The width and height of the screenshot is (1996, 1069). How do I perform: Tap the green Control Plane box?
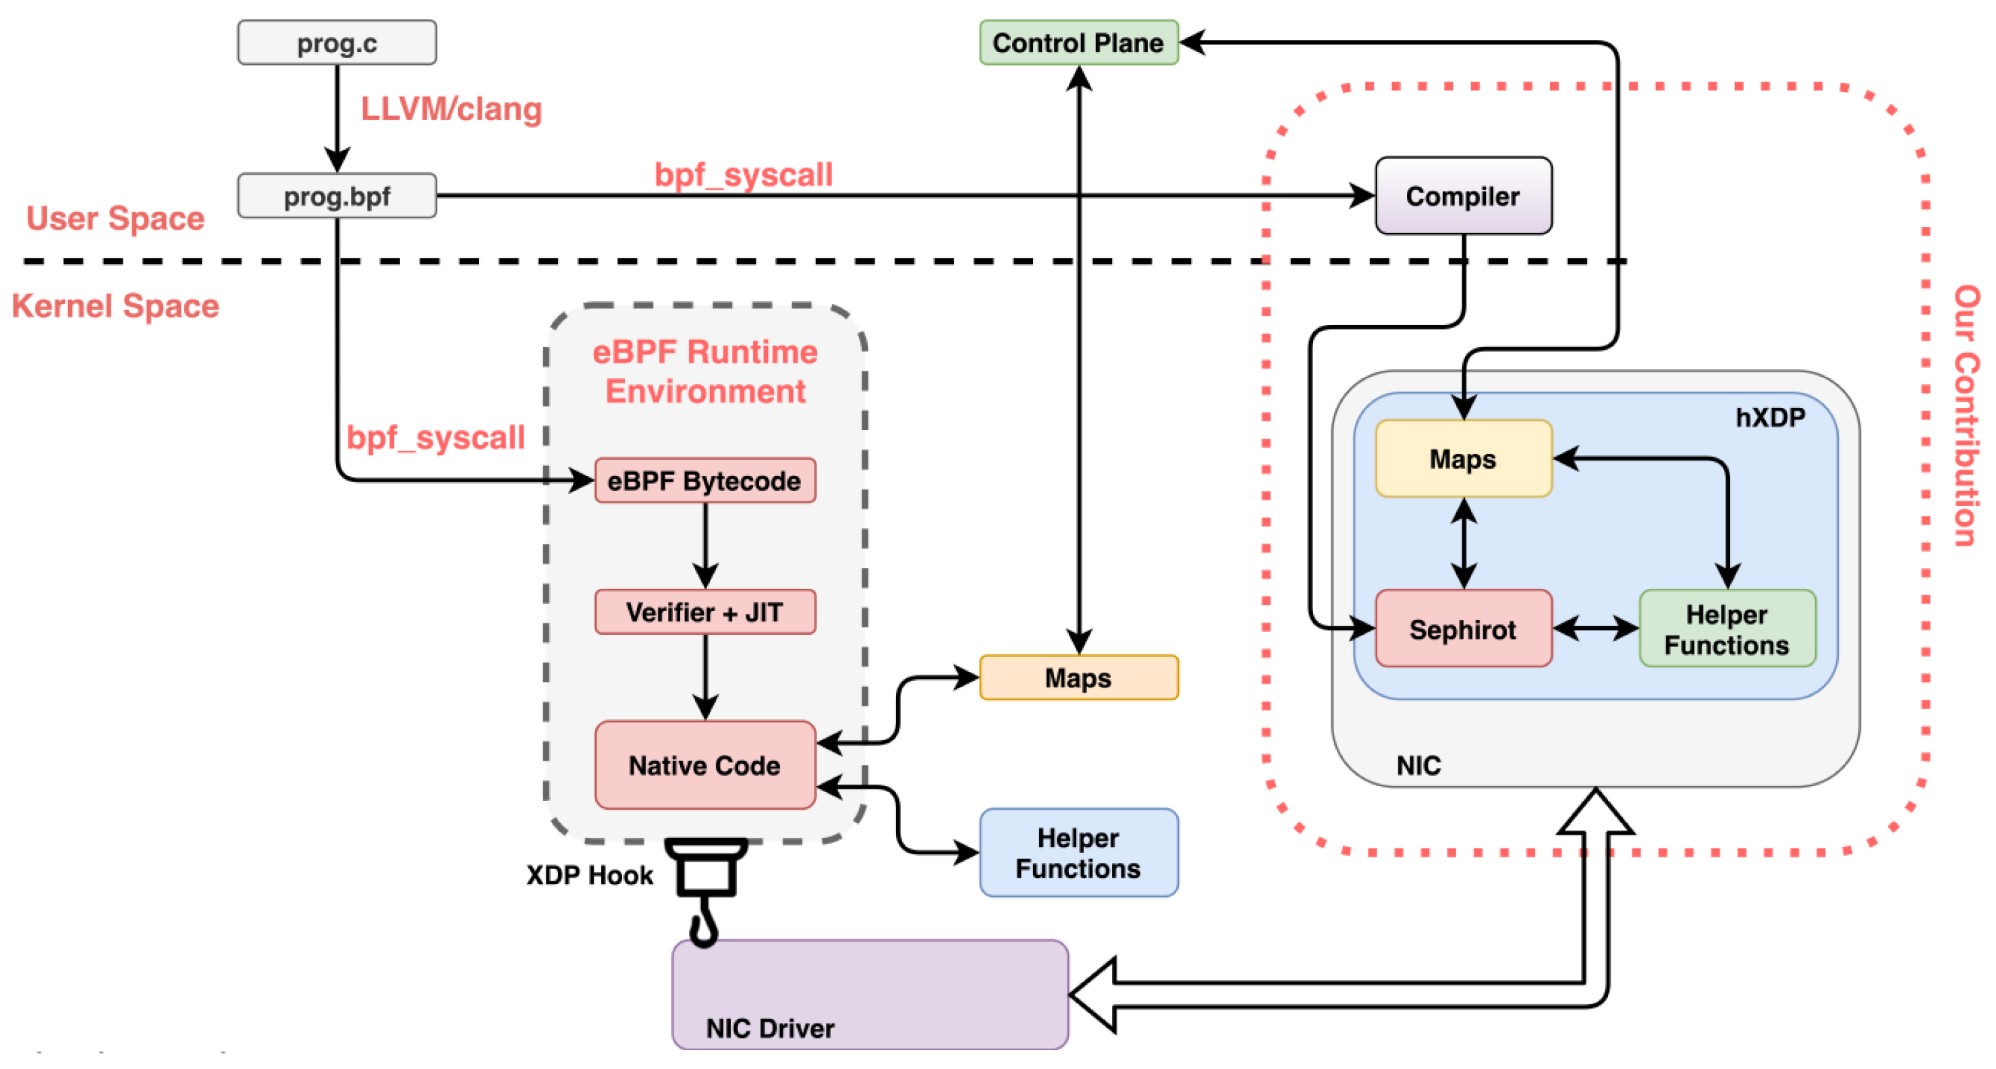click(x=1078, y=43)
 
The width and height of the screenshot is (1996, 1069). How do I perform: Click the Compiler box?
click(x=1463, y=195)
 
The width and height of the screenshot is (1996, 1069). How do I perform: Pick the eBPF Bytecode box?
click(x=704, y=481)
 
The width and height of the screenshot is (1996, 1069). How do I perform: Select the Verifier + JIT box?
click(x=704, y=612)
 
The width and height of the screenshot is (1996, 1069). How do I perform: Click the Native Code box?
click(x=704, y=765)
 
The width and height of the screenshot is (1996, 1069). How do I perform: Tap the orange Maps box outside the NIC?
click(x=1078, y=677)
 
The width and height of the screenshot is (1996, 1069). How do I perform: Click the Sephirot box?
click(x=1463, y=629)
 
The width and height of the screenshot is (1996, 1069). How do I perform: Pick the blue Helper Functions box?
click(x=1078, y=853)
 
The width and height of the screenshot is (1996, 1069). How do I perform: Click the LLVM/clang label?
click(x=451, y=109)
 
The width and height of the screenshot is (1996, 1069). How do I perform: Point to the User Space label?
click(x=115, y=218)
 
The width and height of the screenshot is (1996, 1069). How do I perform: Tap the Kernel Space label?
click(x=115, y=305)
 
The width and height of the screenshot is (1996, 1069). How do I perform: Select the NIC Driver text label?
click(x=769, y=1028)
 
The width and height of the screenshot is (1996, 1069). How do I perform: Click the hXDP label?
click(x=1770, y=417)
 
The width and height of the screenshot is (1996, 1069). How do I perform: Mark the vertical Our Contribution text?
click(x=1965, y=415)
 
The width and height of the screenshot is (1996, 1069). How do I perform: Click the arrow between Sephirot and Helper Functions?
click(x=1595, y=628)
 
